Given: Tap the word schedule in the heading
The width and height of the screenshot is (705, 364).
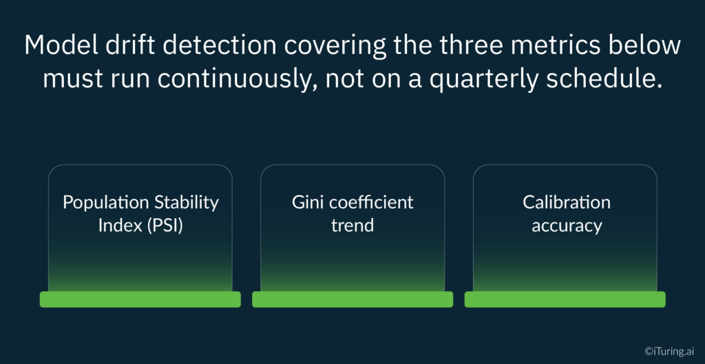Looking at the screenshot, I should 609,78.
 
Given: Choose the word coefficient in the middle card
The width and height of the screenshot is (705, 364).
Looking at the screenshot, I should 372,202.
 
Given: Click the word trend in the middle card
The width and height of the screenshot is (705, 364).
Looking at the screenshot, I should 352,225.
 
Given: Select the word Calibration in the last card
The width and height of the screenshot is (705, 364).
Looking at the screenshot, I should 566,202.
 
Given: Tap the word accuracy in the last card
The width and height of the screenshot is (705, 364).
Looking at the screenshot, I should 566,226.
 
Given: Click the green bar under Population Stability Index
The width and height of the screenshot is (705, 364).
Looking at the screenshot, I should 140,299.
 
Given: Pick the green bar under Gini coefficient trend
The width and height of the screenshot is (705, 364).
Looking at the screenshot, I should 352,299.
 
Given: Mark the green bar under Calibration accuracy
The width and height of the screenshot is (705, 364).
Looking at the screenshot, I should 565,299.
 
